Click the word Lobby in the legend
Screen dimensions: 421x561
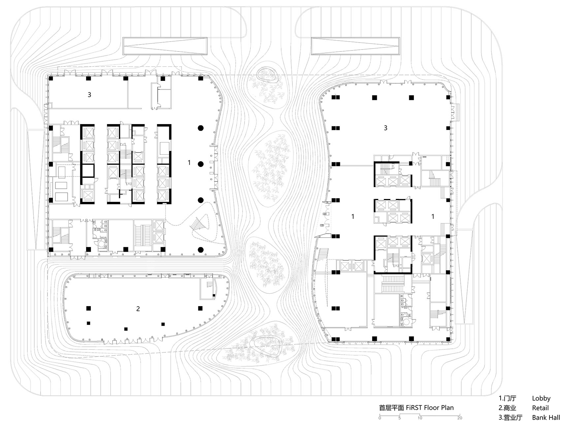pyautogui.click(x=541, y=398)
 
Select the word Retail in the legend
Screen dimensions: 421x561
pyautogui.click(x=540, y=408)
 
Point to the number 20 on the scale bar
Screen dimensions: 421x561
pyautogui.click(x=459, y=418)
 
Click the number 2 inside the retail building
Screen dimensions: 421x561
pyautogui.click(x=138, y=309)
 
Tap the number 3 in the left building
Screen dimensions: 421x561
pyautogui.click(x=89, y=95)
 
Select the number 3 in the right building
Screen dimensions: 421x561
pyautogui.click(x=385, y=128)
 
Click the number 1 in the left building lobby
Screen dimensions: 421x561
pyautogui.click(x=189, y=162)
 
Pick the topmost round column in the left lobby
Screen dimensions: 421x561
pyautogui.click(x=200, y=128)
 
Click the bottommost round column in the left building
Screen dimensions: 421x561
pyautogui.click(x=200, y=249)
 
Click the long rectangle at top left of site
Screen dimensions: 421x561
pyautogui.click(x=165, y=46)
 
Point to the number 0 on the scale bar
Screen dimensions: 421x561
pyautogui.click(x=380, y=418)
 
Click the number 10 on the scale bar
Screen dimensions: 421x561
pyautogui.click(x=420, y=418)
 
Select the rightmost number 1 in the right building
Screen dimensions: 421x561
pyautogui.click(x=433, y=216)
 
